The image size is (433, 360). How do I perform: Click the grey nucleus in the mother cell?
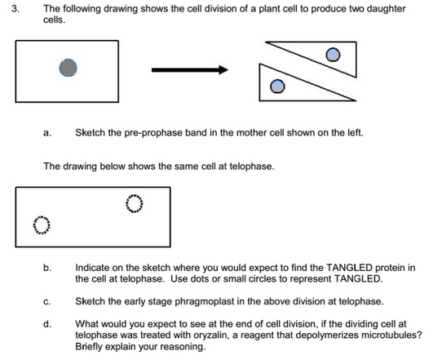68,68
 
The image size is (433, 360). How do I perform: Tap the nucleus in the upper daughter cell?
332,55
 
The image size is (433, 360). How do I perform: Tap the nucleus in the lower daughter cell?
278,86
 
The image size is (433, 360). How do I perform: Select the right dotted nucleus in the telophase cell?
135,202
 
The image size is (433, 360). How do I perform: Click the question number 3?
11,7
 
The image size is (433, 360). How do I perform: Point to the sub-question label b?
47,267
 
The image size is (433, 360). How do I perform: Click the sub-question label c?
47,301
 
